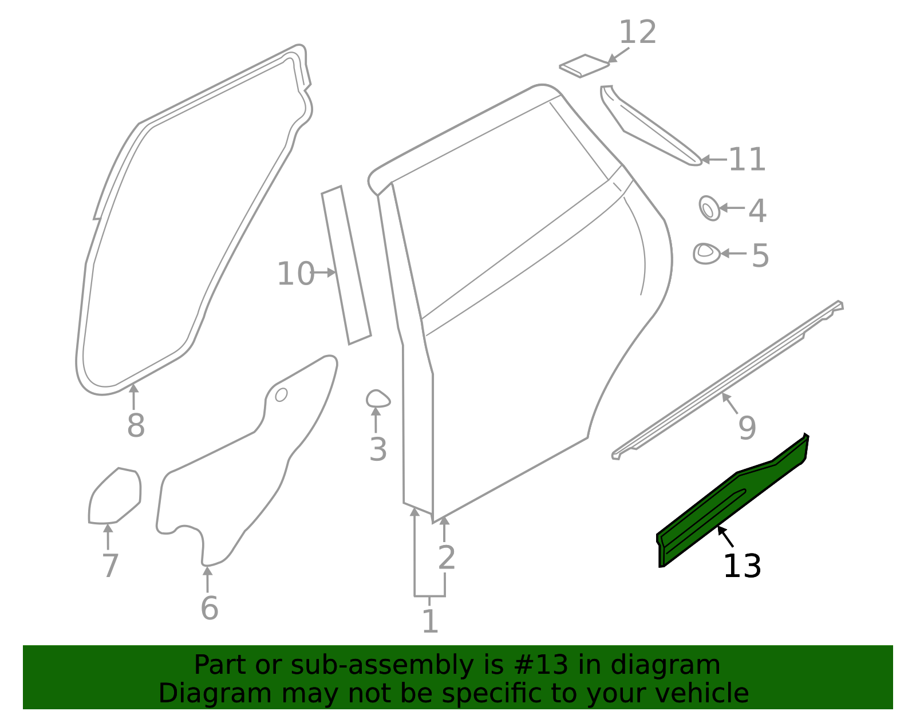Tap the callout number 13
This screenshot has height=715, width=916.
pyautogui.click(x=742, y=567)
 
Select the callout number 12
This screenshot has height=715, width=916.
pyautogui.click(x=637, y=32)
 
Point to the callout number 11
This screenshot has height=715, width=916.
pyautogui.click(x=747, y=160)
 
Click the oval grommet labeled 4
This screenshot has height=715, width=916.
pyautogui.click(x=709, y=208)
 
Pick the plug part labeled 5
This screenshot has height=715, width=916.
pyautogui.click(x=706, y=252)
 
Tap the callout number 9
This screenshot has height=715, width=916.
pyautogui.click(x=747, y=428)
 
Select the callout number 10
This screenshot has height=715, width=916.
pyautogui.click(x=295, y=274)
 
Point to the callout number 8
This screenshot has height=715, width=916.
pyautogui.click(x=136, y=426)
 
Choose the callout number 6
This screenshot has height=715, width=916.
pyautogui.click(x=209, y=608)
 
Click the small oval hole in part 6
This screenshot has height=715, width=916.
pyautogui.click(x=281, y=395)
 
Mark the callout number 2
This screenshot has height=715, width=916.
pyautogui.click(x=446, y=558)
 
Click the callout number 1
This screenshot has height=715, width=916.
pyautogui.click(x=430, y=622)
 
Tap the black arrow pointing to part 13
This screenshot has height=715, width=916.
pyautogui.click(x=725, y=537)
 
